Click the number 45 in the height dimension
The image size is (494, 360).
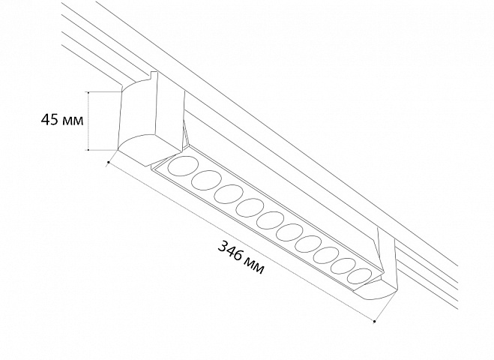[50, 119]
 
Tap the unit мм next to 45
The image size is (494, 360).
[73, 121]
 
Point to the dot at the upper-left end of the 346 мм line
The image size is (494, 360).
[109, 162]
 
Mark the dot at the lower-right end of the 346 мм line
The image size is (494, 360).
[375, 322]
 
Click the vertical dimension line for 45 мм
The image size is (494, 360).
[89, 121]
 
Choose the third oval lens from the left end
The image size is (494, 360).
[229, 193]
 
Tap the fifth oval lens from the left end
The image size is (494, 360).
[270, 220]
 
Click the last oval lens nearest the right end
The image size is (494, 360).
[360, 276]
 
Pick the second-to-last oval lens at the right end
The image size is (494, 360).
[343, 265]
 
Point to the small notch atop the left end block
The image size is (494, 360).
[154, 75]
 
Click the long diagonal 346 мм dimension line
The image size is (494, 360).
[241, 241]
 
